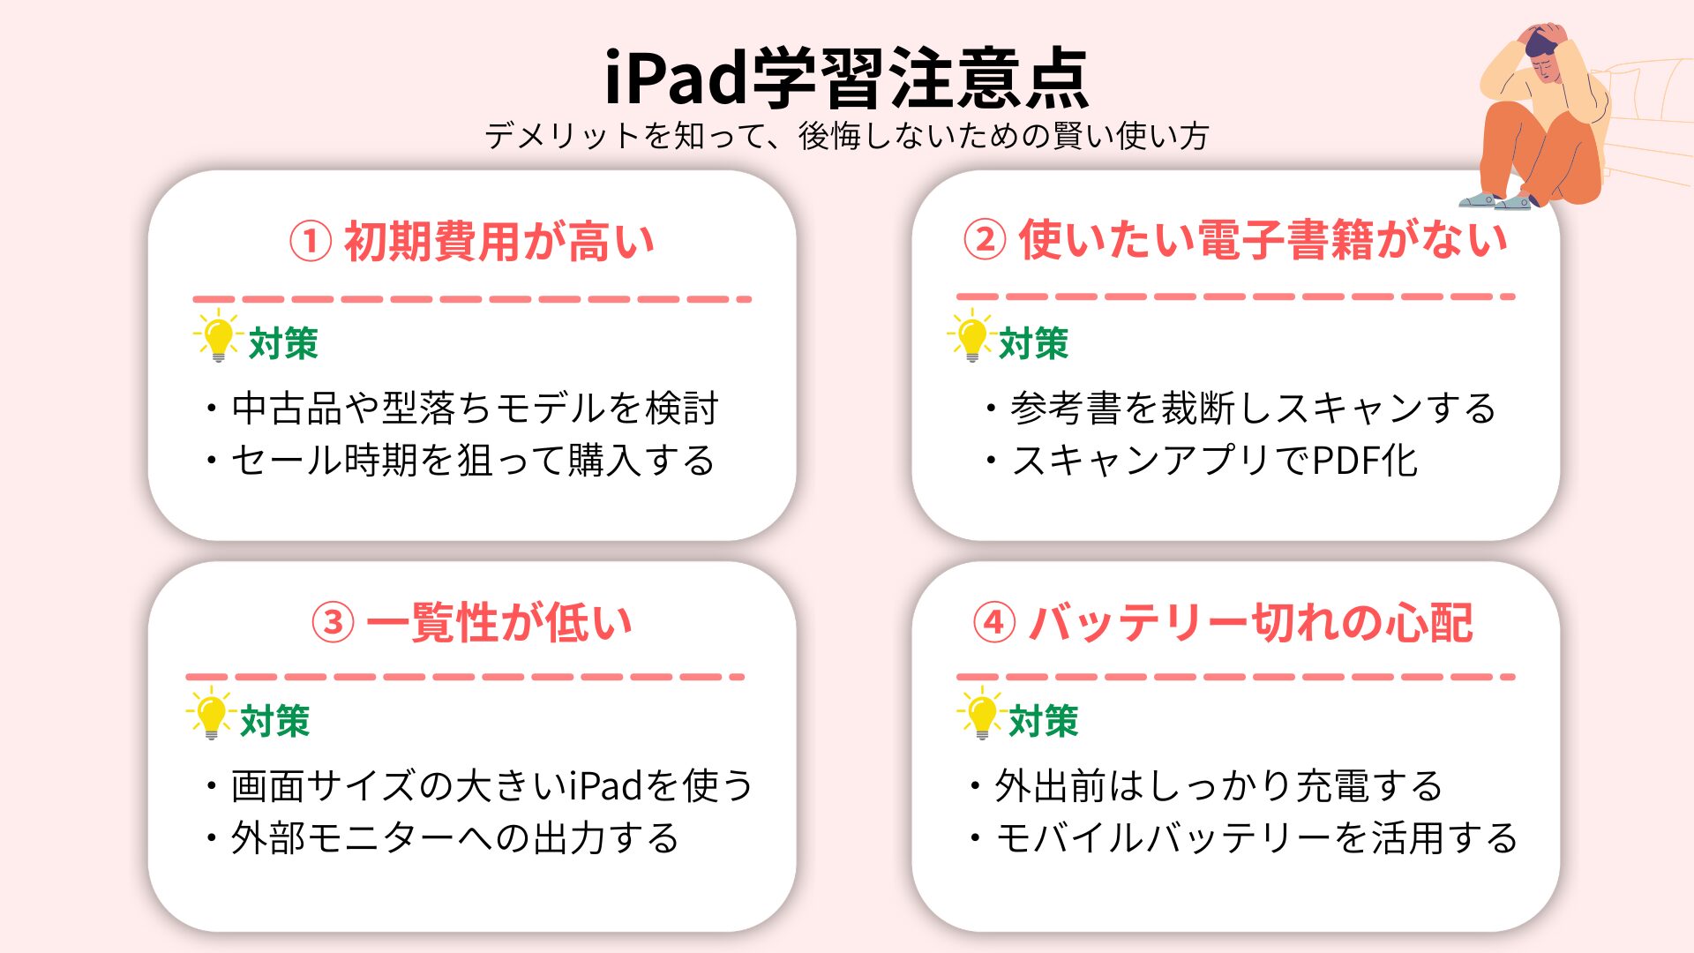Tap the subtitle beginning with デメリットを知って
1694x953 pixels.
coord(847,136)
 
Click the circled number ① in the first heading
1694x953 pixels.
coord(311,241)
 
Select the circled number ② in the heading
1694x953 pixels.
coord(985,239)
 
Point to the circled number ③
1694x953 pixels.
coord(333,622)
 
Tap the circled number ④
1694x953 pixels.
coord(994,622)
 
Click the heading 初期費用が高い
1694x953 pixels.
coord(499,241)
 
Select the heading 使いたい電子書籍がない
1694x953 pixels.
coord(1263,239)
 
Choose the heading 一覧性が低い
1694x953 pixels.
coord(499,622)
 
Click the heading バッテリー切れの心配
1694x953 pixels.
coord(1251,622)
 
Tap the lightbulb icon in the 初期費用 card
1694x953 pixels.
coord(216,336)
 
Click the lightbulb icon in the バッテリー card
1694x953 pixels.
coord(980,713)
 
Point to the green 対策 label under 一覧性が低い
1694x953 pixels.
coord(275,721)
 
